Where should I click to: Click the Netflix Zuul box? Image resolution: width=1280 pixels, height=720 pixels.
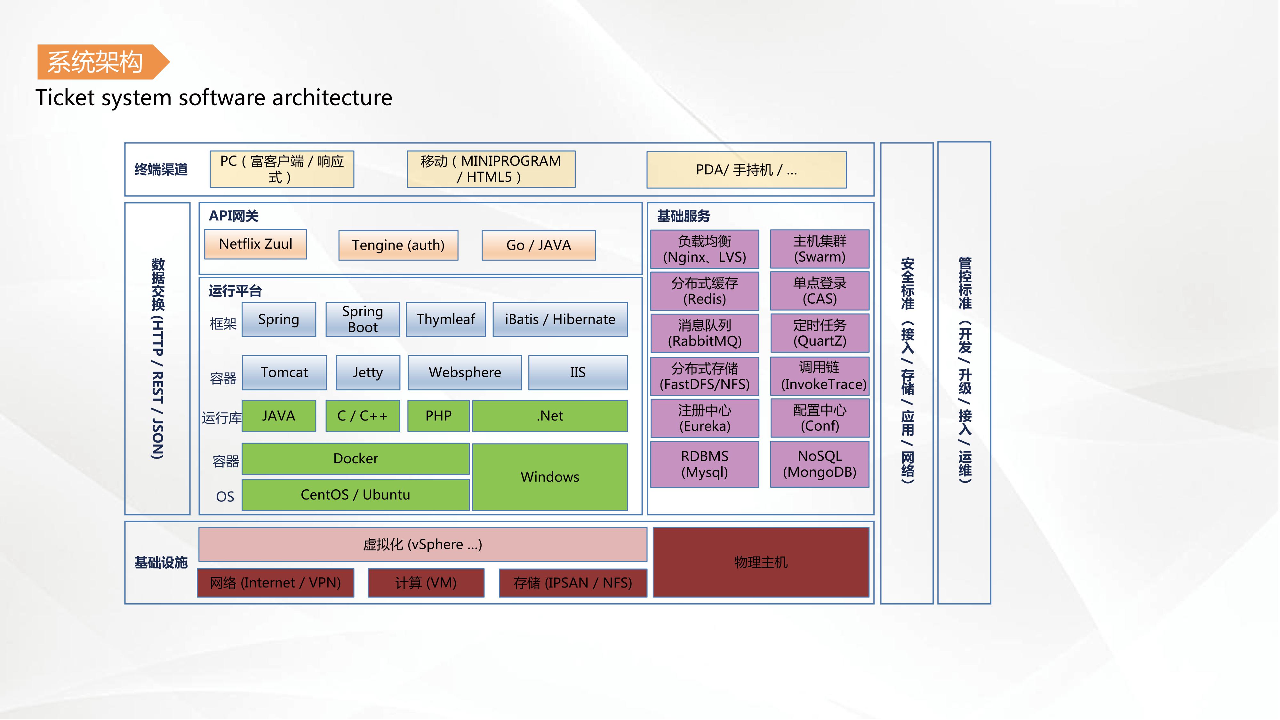255,244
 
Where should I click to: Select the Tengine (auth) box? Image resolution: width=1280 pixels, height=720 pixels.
398,245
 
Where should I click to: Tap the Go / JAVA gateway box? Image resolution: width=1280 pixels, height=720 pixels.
539,245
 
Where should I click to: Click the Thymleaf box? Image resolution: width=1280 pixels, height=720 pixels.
446,319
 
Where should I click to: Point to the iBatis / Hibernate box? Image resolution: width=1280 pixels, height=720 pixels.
560,319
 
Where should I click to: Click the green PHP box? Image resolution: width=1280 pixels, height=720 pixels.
438,416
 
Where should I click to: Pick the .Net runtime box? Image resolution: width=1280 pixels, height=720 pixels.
549,416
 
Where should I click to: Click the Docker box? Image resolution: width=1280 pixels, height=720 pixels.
355,459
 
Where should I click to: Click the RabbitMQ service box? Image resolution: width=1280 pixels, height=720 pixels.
705,333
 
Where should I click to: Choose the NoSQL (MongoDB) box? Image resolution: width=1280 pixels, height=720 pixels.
820,464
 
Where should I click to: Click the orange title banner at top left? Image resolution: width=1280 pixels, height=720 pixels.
100,62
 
